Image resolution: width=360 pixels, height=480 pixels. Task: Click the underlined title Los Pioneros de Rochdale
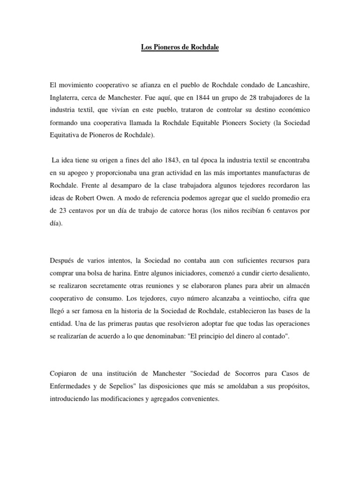pos(180,48)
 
